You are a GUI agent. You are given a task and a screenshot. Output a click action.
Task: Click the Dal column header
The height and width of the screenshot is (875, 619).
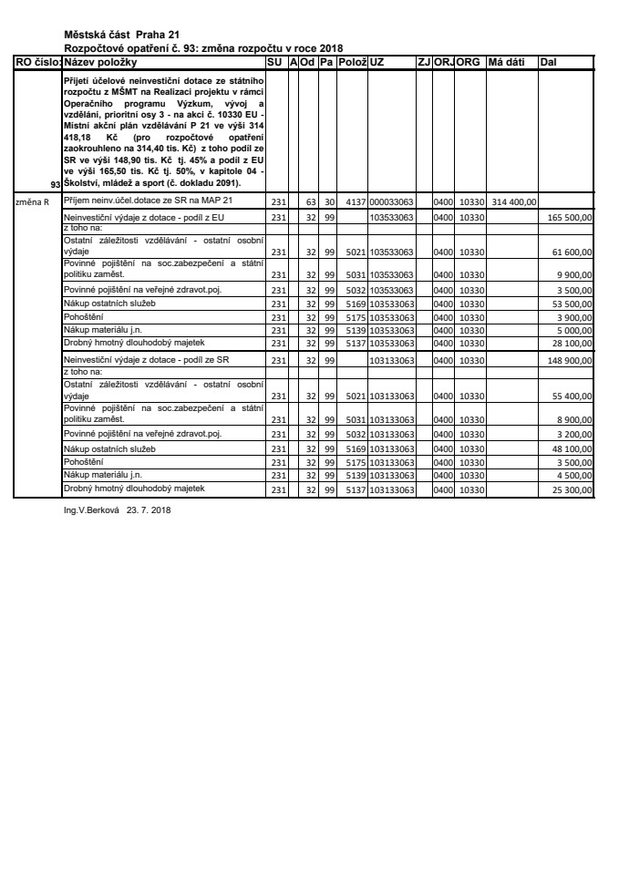pyautogui.click(x=549, y=61)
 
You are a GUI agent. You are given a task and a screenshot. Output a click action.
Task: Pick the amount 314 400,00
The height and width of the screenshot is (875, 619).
pyautogui.click(x=511, y=201)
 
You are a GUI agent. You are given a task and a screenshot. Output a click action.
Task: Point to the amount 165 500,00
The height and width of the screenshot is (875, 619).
pyautogui.click(x=571, y=219)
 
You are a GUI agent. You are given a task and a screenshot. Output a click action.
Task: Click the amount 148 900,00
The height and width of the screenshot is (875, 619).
pyautogui.click(x=571, y=361)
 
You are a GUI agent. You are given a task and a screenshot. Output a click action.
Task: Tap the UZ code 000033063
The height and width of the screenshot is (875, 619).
pyautogui.click(x=391, y=201)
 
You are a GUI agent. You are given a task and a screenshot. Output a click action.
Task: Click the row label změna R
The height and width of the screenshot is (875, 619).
pyautogui.click(x=33, y=201)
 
